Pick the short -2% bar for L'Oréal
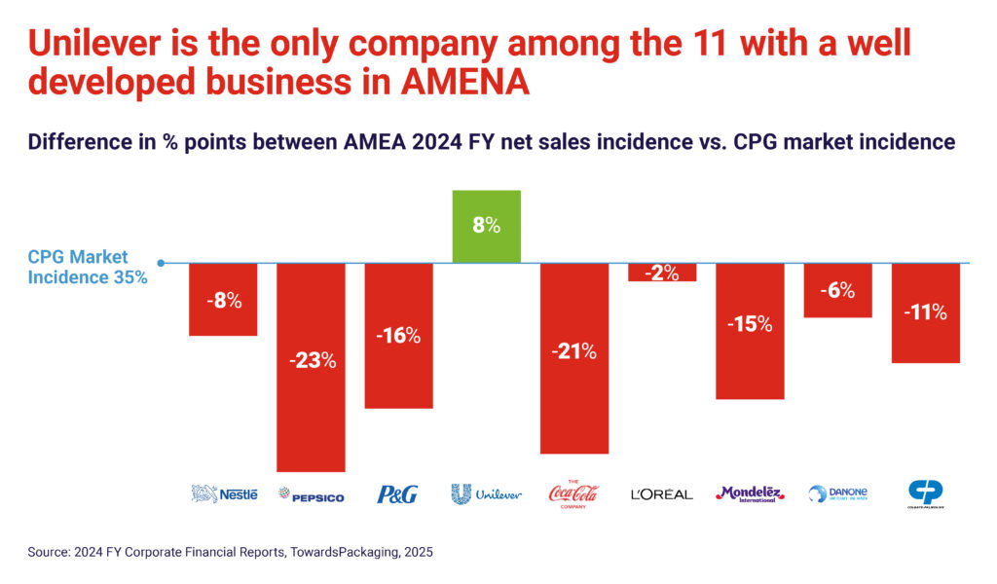point(662,273)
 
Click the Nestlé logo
point(225,494)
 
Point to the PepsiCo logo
point(312,495)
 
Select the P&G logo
point(397,494)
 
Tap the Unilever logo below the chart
point(487,493)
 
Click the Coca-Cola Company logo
point(574,493)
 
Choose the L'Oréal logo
point(662,494)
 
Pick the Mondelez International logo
point(751,493)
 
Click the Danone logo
point(837,493)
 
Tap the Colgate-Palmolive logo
point(926,493)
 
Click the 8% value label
point(487,226)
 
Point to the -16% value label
point(399,336)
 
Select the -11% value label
point(926,312)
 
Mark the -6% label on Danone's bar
point(837,290)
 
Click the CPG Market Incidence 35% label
point(88,267)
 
